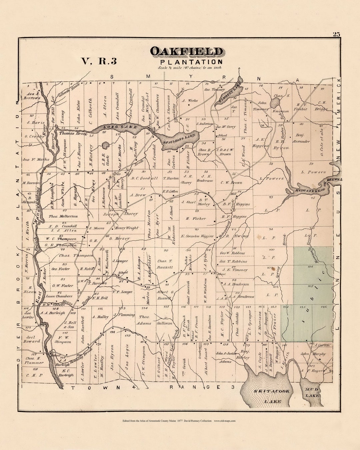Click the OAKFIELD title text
coord(186,52)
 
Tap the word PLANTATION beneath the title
coord(191,62)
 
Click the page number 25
coord(336,34)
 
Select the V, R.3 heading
coord(99,61)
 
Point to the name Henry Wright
coord(126,228)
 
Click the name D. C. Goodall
coord(144,178)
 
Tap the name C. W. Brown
coord(231,183)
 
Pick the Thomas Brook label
coord(73,134)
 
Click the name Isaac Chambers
coord(59,296)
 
